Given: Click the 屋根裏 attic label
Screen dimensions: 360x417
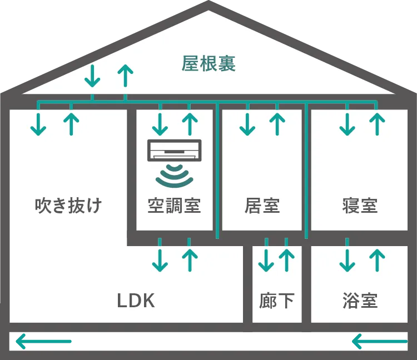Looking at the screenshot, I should point(209,63).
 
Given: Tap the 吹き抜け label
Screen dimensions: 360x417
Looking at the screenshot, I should point(68,206).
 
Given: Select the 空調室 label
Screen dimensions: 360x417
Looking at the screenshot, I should point(174,206).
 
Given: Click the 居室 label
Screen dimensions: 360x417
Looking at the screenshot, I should point(262,206).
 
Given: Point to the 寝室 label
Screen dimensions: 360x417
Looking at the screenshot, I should point(360,206).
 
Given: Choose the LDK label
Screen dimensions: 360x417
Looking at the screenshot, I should point(136,301).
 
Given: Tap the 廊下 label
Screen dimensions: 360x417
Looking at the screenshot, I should point(277,301).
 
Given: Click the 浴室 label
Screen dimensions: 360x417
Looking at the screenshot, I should point(360,301).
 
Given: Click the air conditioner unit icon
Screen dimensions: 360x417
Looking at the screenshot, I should point(175,149).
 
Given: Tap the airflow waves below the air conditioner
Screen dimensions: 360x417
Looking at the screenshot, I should point(175,174).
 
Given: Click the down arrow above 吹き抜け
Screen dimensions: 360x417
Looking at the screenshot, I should point(38,123).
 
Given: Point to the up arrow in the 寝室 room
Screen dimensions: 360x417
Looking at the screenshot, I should point(377,123).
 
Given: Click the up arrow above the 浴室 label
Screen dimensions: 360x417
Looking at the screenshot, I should point(377,259).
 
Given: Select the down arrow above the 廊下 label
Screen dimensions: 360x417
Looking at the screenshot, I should point(266,259).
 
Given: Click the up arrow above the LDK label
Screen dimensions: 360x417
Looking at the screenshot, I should point(190,259).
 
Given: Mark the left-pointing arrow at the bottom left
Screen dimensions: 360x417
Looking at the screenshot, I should point(44,341).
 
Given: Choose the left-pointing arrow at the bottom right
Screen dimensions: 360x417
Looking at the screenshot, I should point(380,341).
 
